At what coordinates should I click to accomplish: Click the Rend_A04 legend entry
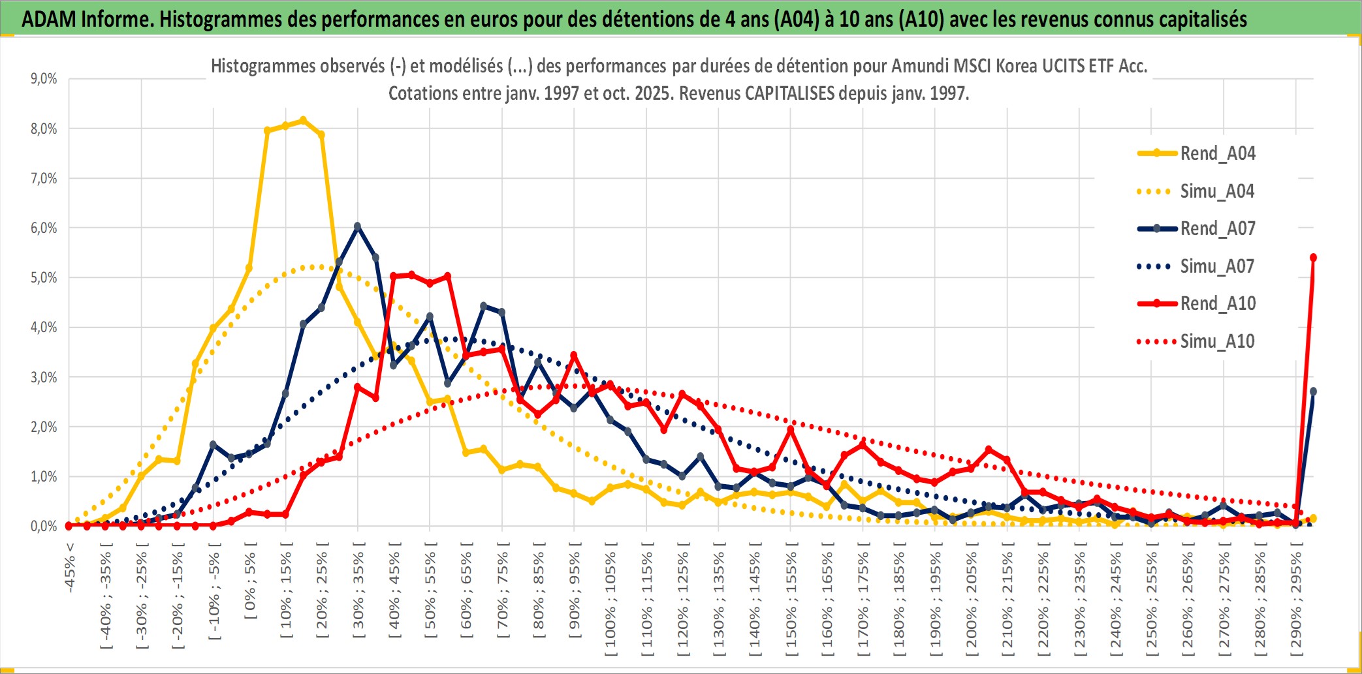click(1217, 153)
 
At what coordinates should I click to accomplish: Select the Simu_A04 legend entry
click(1216, 191)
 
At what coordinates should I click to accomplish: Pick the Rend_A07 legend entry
click(1217, 228)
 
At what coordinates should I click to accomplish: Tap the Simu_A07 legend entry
click(1216, 266)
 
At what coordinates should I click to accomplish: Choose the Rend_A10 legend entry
click(1217, 303)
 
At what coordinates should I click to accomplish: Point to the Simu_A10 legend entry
click(1216, 341)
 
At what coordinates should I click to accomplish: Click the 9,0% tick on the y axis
click(44, 79)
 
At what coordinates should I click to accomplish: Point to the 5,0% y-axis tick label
click(44, 278)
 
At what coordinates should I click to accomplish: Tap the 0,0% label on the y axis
click(44, 526)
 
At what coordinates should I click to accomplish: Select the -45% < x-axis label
click(70, 568)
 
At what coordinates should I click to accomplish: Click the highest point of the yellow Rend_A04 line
click(303, 120)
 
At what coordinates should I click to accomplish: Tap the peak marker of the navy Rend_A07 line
click(357, 226)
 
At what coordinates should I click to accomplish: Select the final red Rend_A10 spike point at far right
click(1313, 258)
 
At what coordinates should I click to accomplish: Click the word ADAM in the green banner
click(48, 19)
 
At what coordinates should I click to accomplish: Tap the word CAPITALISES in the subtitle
click(789, 93)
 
